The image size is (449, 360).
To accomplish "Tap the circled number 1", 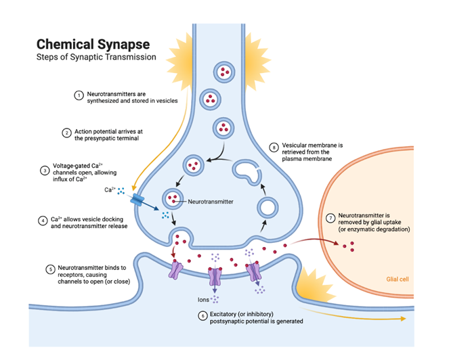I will [78, 95].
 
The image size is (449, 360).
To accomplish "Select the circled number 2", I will [67, 133].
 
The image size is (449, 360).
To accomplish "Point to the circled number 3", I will [45, 171].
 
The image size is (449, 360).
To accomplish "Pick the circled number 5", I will [50, 269].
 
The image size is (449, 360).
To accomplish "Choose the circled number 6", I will [202, 315].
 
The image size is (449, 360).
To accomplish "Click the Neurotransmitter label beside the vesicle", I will [210, 201].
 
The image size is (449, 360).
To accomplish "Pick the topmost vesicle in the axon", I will [223, 72].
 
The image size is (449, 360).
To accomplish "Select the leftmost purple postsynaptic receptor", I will [176, 270].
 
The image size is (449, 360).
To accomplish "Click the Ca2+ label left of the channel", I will [109, 189].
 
